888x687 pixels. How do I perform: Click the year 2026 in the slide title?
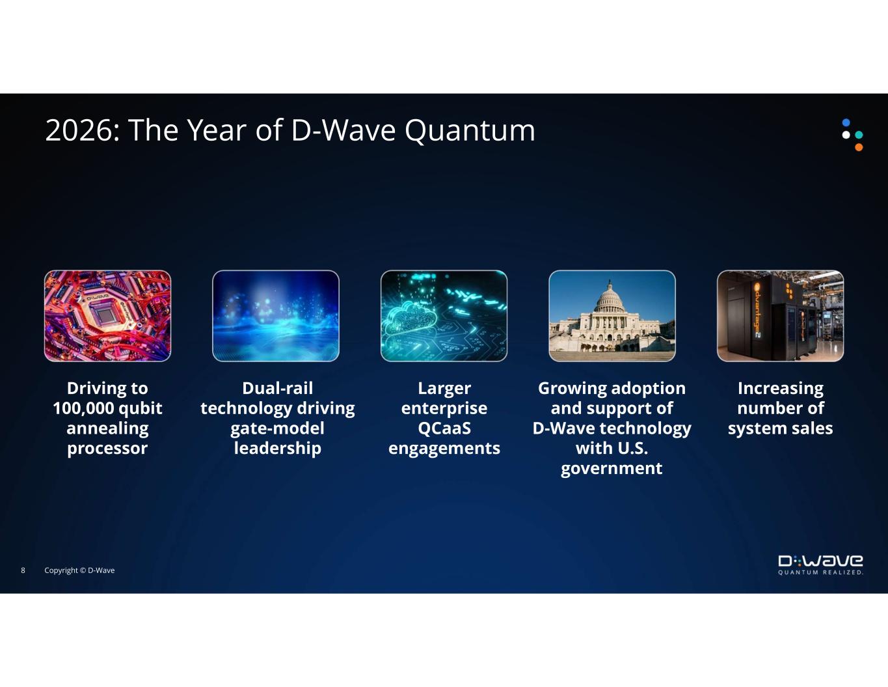79,130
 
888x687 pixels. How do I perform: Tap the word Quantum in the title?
470,132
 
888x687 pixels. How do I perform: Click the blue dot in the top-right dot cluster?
846,122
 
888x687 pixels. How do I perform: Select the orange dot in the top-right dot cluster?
859,147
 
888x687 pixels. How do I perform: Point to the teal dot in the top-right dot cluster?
859,135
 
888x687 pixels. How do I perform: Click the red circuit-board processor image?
107,316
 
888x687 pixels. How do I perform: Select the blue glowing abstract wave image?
276,316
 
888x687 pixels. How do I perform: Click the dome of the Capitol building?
610,296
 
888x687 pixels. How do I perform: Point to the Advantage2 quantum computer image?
780,316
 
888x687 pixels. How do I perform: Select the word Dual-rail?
278,388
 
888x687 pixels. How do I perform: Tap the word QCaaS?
444,428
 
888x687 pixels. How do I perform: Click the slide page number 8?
23,570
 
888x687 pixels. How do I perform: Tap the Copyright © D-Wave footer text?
79,570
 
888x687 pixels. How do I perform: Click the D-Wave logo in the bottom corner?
820,561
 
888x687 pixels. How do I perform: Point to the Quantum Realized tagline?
820,572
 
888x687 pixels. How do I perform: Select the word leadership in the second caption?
278,449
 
